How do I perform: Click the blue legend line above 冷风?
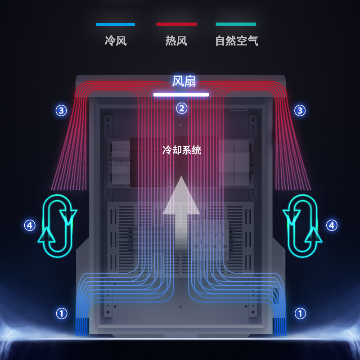click(115, 24)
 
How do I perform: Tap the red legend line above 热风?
click(176, 24)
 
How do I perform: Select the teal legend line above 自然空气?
click(236, 24)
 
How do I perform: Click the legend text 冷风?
click(116, 41)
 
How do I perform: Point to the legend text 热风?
click(176, 41)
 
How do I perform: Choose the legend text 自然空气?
click(237, 41)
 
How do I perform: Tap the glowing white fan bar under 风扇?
click(181, 94)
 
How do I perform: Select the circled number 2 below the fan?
click(181, 108)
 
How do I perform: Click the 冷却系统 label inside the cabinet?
click(182, 150)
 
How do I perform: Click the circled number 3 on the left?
click(61, 110)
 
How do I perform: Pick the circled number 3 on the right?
click(300, 110)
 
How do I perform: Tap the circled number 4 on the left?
click(30, 225)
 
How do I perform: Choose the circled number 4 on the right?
click(332, 225)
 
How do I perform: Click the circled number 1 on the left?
click(61, 313)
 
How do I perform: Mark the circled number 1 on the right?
click(300, 313)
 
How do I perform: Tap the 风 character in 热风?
click(182, 41)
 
